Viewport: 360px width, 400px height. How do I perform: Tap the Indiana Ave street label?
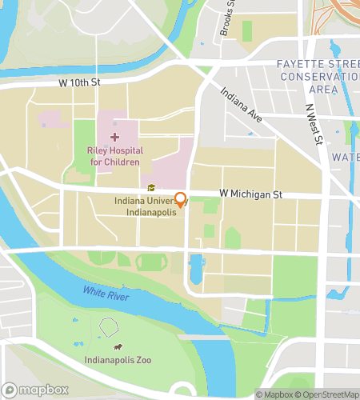pos(242,105)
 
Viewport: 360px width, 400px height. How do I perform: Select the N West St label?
pos(313,123)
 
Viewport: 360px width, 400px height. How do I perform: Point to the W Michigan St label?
pos(250,194)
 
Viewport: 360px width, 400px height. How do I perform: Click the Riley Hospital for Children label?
pos(114,156)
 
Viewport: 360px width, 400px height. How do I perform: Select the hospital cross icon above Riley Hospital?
pos(114,138)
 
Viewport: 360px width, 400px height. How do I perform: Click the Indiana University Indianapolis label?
pos(144,206)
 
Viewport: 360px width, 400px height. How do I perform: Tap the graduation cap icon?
pos(150,188)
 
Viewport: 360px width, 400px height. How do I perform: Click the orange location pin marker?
pos(181,200)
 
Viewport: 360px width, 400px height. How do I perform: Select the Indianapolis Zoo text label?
pos(118,360)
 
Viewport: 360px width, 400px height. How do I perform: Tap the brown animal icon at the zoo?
pos(118,348)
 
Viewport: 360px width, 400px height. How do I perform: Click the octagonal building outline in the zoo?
pos(109,326)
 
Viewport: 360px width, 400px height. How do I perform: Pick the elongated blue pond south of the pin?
pos(196,270)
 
